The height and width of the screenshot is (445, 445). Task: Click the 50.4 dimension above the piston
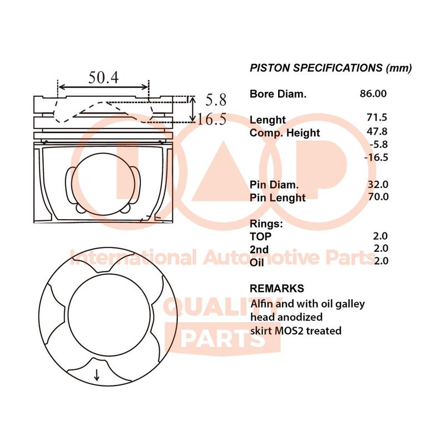103,77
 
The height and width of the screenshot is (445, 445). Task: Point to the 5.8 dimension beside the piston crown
216,100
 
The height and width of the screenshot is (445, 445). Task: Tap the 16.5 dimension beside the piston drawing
212,119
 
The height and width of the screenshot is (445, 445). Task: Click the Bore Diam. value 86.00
373,93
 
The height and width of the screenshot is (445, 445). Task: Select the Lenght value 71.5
377,117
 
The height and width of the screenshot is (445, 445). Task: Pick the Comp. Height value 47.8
377,131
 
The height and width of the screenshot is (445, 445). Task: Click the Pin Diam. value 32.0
378,185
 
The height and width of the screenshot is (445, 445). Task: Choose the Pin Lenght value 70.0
378,196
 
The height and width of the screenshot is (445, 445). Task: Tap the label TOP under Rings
260,236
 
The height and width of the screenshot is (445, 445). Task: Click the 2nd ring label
259,249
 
